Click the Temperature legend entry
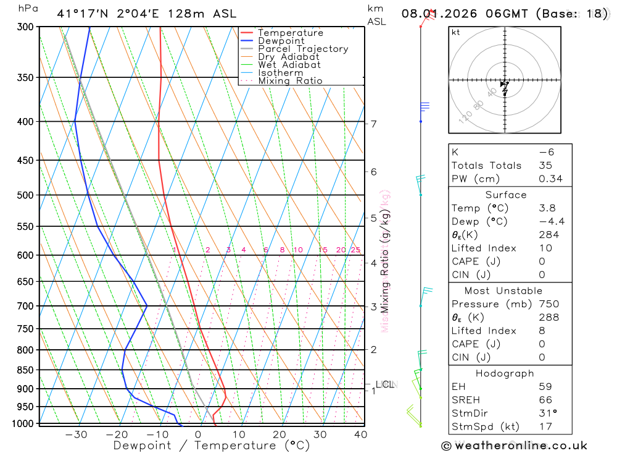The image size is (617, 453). click(290, 33)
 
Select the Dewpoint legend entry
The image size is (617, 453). click(281, 41)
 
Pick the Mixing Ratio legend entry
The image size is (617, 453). click(290, 80)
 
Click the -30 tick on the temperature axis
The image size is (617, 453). click(76, 434)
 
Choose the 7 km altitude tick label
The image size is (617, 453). click(374, 124)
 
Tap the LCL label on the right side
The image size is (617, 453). click(384, 384)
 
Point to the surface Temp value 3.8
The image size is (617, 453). click(547, 208)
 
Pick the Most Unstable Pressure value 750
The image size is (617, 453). click(549, 304)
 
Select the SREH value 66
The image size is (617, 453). click(545, 400)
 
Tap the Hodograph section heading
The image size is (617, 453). click(505, 373)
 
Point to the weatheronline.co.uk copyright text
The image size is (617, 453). click(514, 445)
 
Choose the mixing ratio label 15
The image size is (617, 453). click(323, 250)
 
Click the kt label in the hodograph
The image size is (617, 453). click(456, 32)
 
